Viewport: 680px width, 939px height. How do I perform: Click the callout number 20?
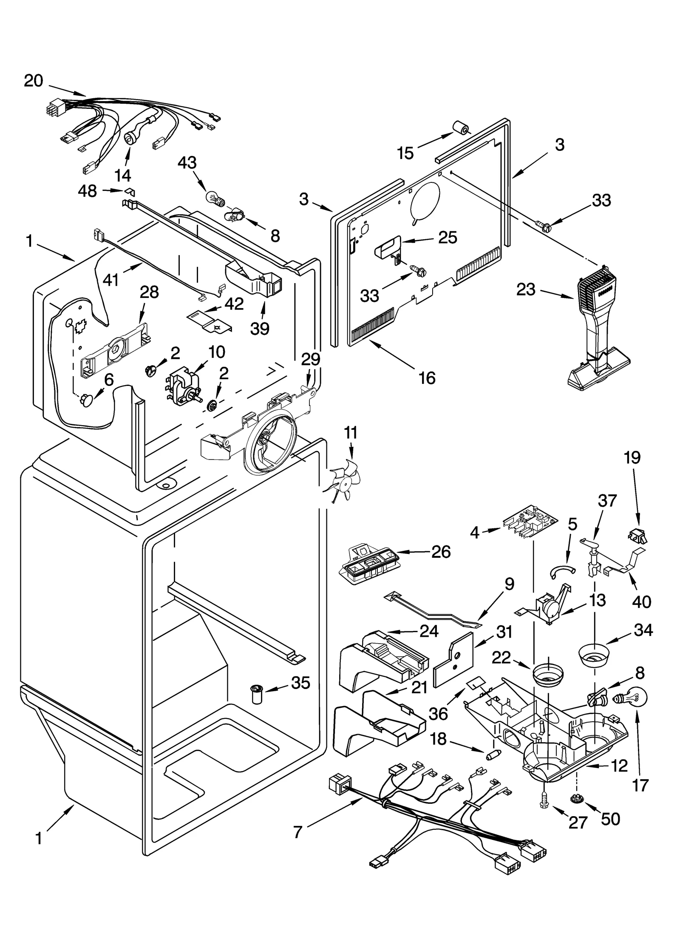point(34,80)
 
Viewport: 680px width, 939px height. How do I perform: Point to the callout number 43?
point(187,163)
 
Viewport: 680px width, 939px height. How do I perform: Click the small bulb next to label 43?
point(215,199)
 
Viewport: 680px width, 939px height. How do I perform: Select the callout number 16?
point(427,377)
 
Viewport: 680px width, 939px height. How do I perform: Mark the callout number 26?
point(441,552)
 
